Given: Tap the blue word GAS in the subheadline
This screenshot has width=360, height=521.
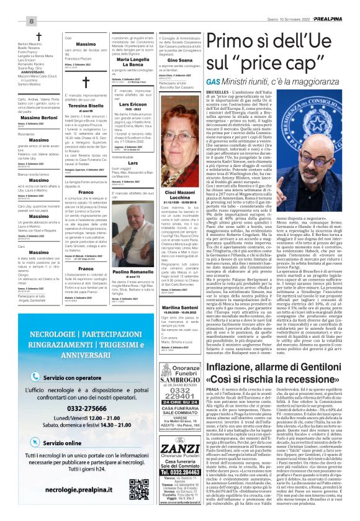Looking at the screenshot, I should click(x=197, y=81).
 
